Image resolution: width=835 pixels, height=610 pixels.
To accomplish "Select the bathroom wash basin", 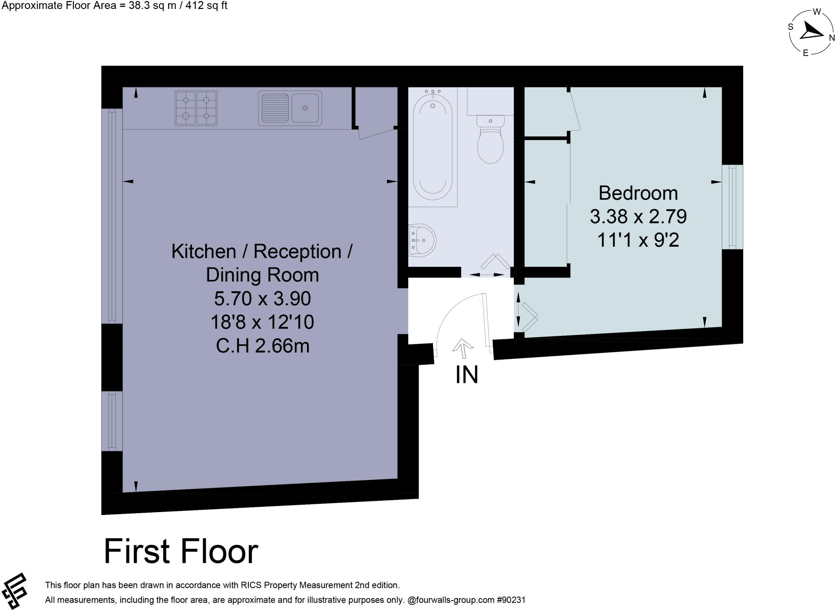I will [423, 240].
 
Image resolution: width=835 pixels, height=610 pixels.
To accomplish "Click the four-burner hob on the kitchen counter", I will [196, 108].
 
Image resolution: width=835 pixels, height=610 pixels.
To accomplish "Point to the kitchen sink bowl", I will [305, 108].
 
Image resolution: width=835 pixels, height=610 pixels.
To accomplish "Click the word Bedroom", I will [638, 193].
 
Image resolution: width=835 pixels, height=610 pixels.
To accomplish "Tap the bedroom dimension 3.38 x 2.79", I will [638, 217].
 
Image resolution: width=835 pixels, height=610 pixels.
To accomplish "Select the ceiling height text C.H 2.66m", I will [262, 346].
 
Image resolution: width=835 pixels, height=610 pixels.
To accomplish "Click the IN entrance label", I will [466, 375].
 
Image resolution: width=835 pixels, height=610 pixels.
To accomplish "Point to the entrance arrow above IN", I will [462, 345].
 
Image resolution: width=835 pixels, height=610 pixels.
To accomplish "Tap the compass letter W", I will [817, 12].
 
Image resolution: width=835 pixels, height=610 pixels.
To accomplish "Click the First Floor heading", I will [181, 552].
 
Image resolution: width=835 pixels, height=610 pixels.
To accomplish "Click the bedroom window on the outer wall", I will [732, 207].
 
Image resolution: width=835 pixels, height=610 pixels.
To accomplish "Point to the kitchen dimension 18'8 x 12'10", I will [262, 323].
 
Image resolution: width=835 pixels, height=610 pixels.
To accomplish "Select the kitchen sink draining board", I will [274, 108].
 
